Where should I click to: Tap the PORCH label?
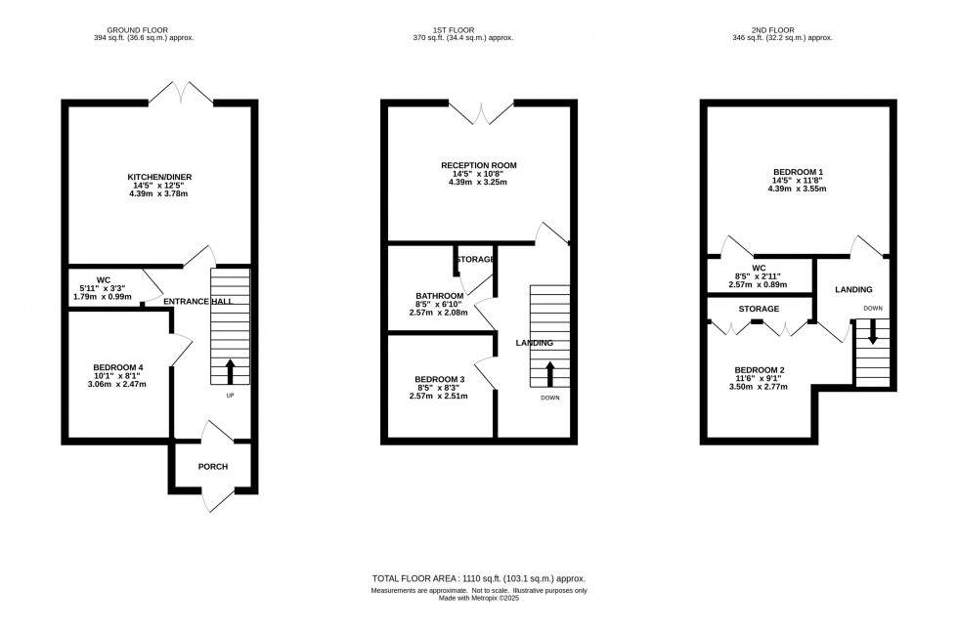click(x=212, y=467)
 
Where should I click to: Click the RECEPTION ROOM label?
click(x=478, y=165)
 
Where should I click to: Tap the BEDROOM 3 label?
click(x=439, y=379)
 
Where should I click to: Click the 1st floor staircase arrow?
click(x=549, y=372)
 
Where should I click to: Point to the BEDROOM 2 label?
click(x=760, y=370)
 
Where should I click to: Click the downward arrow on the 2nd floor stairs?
click(x=872, y=334)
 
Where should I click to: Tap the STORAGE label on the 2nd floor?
click(x=759, y=309)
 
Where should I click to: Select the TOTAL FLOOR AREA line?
click(x=478, y=579)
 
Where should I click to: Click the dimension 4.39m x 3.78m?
click(x=157, y=193)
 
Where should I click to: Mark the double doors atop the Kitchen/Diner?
click(x=182, y=94)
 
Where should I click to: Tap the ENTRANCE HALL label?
click(x=197, y=302)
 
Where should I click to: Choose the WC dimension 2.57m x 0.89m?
click(x=758, y=284)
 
